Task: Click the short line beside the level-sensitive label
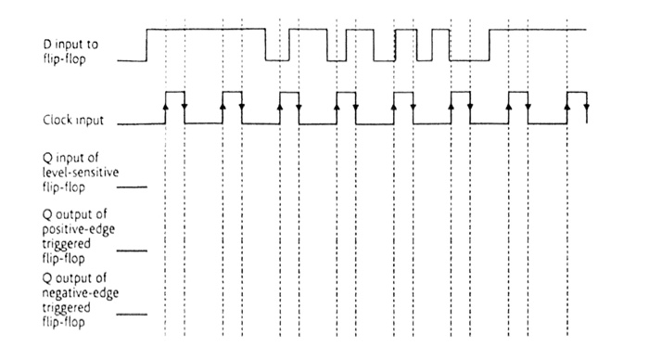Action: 134,186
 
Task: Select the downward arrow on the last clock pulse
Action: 587,109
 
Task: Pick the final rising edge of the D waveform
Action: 490,45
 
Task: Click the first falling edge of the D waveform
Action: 266,45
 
